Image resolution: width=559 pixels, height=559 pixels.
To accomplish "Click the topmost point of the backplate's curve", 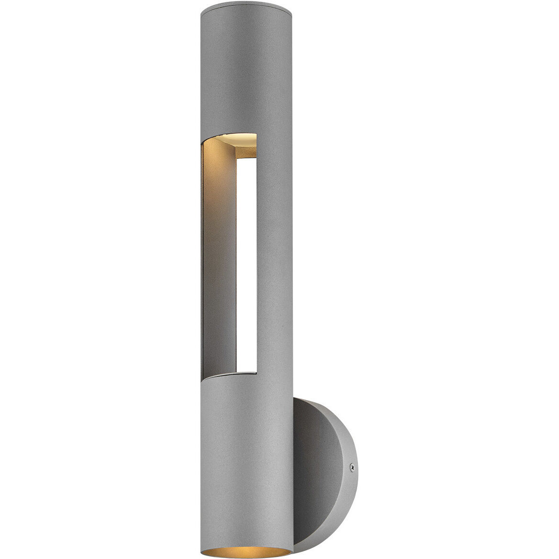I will click(x=306, y=399).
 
